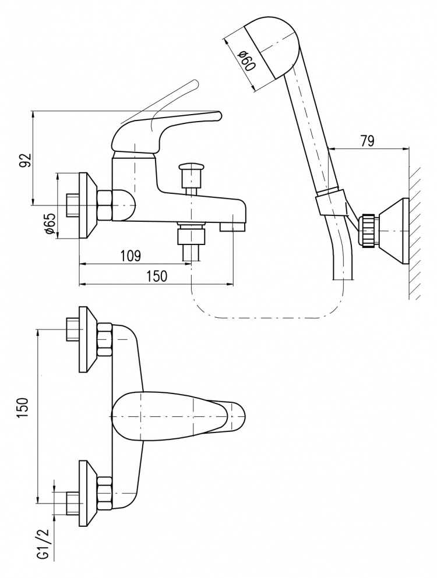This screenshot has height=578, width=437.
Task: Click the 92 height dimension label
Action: pos(24,160)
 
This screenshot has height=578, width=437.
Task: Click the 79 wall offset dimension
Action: pos(366,141)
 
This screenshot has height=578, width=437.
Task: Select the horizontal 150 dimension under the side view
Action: pos(157,276)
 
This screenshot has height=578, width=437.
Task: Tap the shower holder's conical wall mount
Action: pos(394,231)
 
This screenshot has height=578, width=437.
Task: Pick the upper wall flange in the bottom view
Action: pos(88,339)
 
